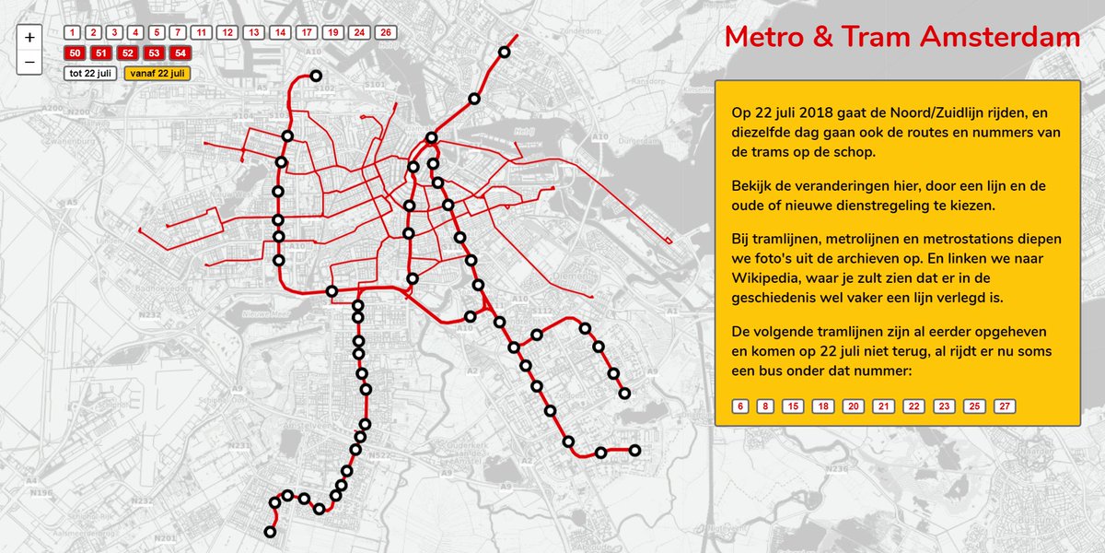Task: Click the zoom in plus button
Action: click(x=29, y=38)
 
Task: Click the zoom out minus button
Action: click(x=29, y=63)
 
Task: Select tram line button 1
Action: click(x=73, y=32)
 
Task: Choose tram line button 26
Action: click(x=385, y=32)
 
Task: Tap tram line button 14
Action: click(x=281, y=32)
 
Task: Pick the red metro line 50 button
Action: click(x=75, y=53)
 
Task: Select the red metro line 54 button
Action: click(x=180, y=53)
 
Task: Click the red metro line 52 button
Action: click(x=128, y=53)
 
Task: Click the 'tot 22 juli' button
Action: click(x=90, y=73)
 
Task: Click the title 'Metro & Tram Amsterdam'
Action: click(x=901, y=38)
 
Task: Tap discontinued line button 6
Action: click(x=740, y=406)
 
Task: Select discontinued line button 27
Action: click(x=1005, y=406)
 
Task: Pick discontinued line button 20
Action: click(x=854, y=406)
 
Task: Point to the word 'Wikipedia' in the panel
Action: click(x=772, y=278)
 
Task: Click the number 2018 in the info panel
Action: click(x=818, y=113)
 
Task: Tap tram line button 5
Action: click(x=157, y=32)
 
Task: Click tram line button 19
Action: click(x=333, y=32)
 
